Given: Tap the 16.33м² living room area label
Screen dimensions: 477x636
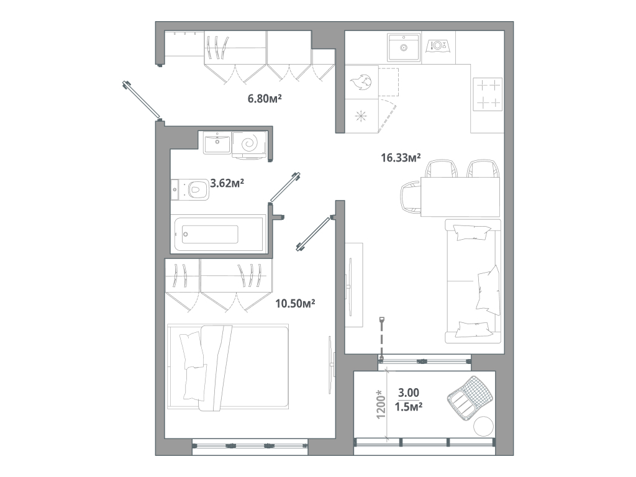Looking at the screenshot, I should tap(401, 158).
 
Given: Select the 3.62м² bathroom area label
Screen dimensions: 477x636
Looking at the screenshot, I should tap(227, 183).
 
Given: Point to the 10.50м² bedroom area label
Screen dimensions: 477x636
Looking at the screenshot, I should tap(295, 303).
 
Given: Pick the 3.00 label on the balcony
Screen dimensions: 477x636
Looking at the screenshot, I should tap(409, 393).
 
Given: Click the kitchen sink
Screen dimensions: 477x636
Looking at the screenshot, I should tap(404, 47).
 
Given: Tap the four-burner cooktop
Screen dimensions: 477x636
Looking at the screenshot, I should tap(487, 94).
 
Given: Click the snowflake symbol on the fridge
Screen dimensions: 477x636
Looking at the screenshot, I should tap(361, 116).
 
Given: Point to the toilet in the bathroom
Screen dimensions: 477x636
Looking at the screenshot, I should tap(193, 189).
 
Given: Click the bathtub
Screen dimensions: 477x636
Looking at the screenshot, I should tap(211, 234).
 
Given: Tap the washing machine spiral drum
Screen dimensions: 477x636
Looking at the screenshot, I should tap(250, 143).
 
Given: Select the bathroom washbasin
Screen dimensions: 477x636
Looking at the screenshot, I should tap(217, 142).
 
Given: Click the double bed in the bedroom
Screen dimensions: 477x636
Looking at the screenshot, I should tap(229, 367).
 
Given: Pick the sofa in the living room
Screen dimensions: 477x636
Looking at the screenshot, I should tap(473, 281).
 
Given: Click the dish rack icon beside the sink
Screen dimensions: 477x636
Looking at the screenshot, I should tap(439, 46).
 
